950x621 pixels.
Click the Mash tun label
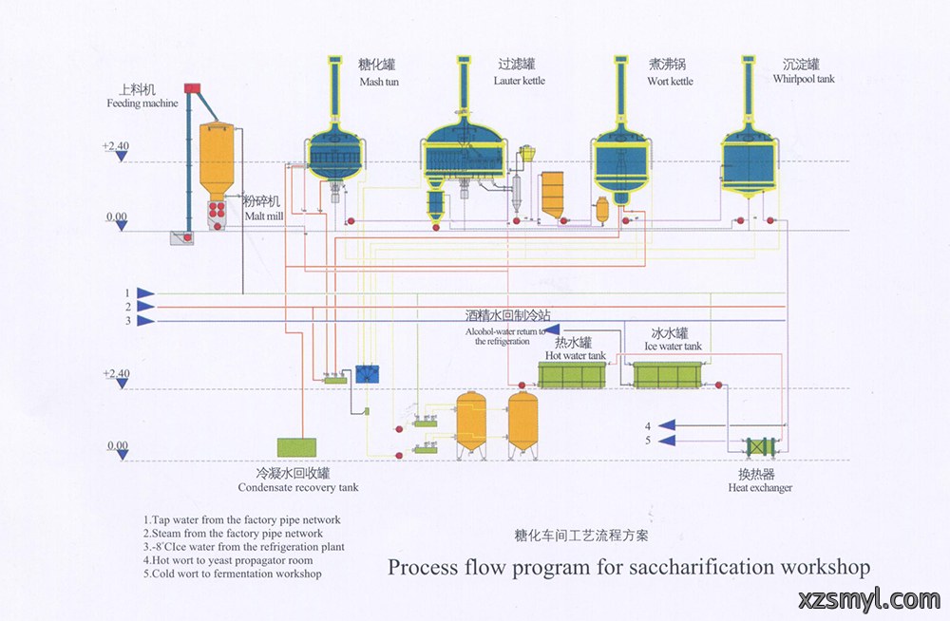[379, 82]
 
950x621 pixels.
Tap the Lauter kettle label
[520, 81]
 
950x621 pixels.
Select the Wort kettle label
[670, 81]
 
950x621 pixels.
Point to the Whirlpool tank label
[804, 79]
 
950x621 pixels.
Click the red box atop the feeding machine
[192, 88]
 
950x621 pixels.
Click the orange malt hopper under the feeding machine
[217, 160]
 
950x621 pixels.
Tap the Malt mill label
[264, 216]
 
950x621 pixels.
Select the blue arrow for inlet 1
[145, 293]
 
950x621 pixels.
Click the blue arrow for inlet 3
[145, 321]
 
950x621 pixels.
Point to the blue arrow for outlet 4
[667, 426]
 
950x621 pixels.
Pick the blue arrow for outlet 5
[667, 441]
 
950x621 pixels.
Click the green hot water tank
[572, 375]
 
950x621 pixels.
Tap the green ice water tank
[667, 375]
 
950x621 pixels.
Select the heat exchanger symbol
[760, 448]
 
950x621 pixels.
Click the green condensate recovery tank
[296, 447]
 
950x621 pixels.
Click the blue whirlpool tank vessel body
[749, 162]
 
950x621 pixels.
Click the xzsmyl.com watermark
[869, 600]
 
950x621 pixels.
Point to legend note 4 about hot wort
[228, 560]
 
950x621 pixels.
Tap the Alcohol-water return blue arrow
[551, 330]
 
